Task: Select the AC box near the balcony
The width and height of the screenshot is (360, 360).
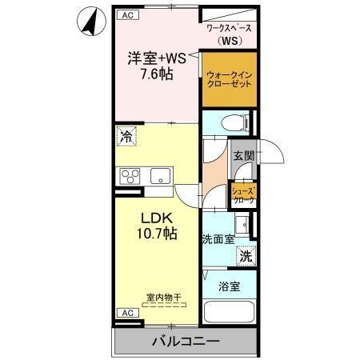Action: (126, 312)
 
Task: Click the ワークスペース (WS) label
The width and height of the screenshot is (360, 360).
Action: (229, 34)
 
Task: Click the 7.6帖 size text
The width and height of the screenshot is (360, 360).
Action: (156, 74)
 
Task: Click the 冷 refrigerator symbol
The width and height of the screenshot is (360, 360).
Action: (126, 137)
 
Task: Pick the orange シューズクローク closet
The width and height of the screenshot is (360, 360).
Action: (243, 194)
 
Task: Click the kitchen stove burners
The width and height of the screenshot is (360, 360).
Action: (130, 176)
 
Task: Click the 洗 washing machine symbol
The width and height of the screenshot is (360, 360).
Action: (246, 256)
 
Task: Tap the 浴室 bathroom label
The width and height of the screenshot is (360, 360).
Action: (229, 286)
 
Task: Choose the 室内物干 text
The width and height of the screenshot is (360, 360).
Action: (163, 298)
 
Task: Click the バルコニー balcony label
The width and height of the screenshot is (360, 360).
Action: (186, 342)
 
